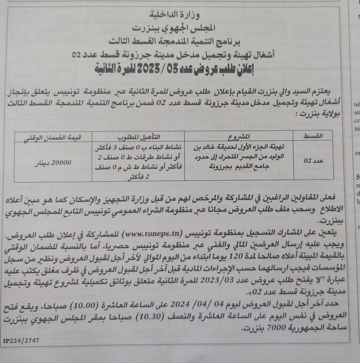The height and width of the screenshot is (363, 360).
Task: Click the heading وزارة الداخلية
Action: (180, 15)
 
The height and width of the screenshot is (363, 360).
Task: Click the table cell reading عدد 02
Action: (311, 161)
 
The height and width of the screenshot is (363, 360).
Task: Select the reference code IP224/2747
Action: (21, 341)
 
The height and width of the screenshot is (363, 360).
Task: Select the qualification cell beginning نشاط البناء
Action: (139, 161)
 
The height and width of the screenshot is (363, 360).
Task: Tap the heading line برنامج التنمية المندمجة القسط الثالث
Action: (180, 41)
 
